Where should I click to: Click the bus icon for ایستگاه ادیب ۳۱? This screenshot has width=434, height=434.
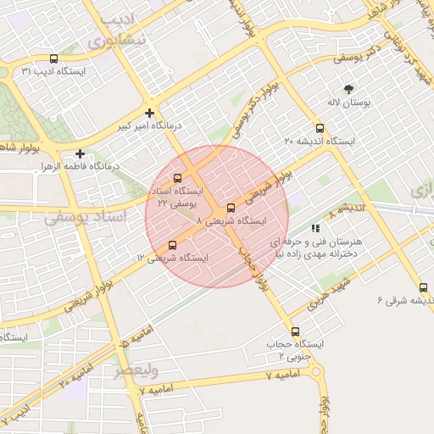[54, 59]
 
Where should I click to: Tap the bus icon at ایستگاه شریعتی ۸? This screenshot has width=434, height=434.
[231, 208]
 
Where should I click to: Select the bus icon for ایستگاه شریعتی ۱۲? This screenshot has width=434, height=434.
[173, 245]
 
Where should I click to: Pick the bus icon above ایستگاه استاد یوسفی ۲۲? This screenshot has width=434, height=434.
[177, 179]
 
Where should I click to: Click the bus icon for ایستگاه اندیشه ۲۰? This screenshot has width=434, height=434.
[320, 128]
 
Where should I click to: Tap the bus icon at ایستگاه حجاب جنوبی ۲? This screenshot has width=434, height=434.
[295, 331]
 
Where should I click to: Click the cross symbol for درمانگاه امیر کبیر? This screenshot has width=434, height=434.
[150, 113]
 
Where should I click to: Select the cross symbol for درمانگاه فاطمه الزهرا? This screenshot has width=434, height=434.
[80, 153]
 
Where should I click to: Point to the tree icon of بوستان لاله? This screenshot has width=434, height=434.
[348, 89]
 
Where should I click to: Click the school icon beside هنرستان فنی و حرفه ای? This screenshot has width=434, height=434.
[315, 228]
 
